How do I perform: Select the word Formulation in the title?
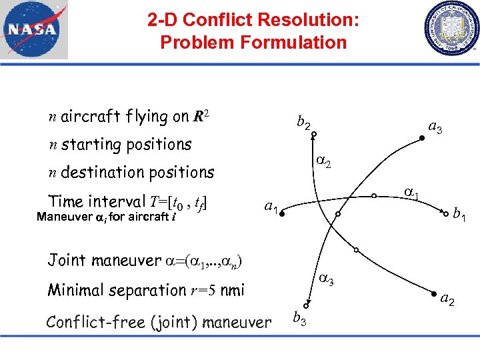coord(298,43)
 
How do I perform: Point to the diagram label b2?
coord(303,123)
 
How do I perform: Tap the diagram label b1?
coord(459,214)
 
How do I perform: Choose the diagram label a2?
coord(447,300)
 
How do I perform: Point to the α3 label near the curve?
coord(325,280)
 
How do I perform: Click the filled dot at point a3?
coord(421,138)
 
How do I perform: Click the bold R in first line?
coord(199,118)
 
